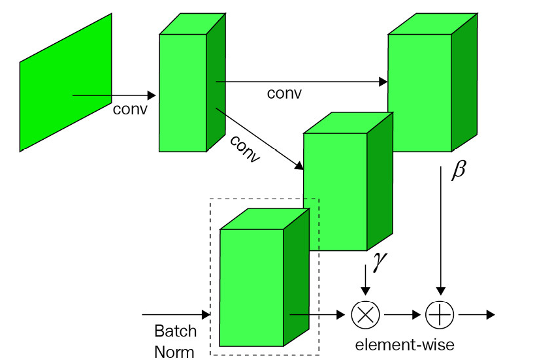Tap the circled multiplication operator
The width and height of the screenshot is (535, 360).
tap(365, 314)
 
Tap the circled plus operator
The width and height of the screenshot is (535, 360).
tap(439, 314)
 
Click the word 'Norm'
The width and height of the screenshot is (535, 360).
tap(174, 352)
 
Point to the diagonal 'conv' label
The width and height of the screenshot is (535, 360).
tap(246, 150)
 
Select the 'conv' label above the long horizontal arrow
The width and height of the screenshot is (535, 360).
tap(284, 93)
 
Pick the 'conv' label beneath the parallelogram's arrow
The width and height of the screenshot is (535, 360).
tap(130, 108)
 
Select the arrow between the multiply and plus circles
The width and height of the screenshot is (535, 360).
tap(402, 314)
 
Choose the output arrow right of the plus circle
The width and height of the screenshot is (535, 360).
tap(476, 314)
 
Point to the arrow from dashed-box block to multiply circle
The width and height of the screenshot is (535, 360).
tap(316, 315)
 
